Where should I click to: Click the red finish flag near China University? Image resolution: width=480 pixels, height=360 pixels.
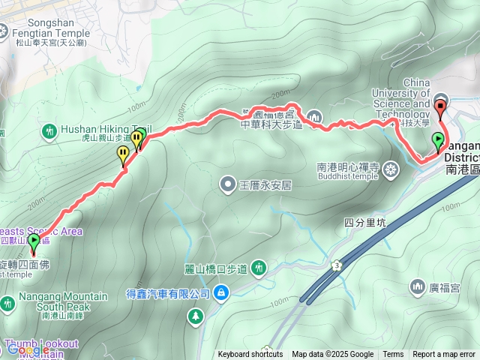[x=440, y=104]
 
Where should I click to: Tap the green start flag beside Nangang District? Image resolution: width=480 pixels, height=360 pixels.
[x=437, y=140]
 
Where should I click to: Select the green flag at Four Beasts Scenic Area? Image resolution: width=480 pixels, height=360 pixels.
[x=34, y=241]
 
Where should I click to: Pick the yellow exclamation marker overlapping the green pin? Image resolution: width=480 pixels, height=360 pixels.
[x=136, y=139]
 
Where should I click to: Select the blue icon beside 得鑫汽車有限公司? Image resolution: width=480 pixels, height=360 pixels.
[x=221, y=292]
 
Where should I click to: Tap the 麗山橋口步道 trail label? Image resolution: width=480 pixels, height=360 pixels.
[x=217, y=268]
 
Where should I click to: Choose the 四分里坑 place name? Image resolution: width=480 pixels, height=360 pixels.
[x=364, y=222]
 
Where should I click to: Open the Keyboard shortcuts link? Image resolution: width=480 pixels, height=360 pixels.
[x=250, y=355]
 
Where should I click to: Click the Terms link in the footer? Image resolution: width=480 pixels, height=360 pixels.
[x=393, y=355]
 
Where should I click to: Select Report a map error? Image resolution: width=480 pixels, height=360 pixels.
[x=444, y=355]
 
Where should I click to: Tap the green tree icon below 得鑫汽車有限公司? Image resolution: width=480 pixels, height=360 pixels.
[x=196, y=316]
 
